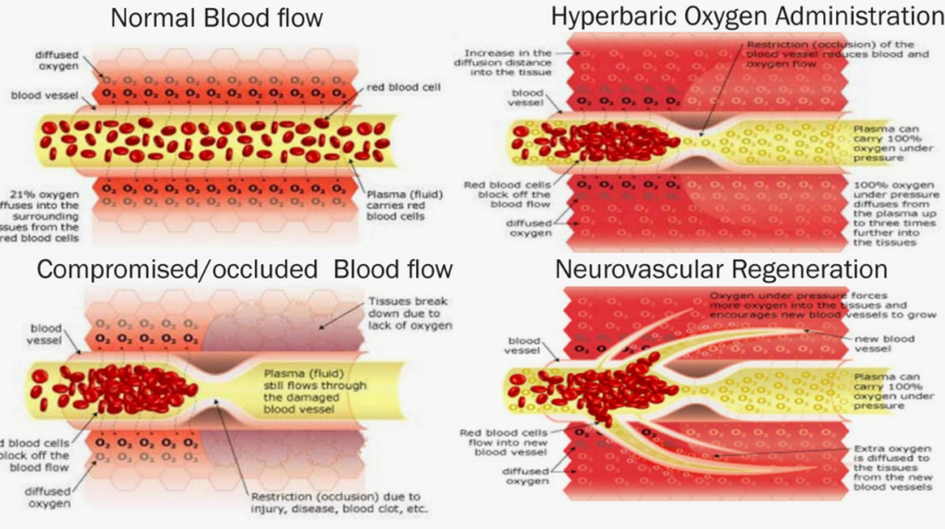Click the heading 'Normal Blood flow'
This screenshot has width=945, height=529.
216,19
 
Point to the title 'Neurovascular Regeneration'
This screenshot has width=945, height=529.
707,269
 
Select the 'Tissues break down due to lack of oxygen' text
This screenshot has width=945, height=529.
409,314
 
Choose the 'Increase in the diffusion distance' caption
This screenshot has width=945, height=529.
508,62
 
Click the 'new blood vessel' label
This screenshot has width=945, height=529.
886,342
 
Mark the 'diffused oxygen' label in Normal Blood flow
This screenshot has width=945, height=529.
57,60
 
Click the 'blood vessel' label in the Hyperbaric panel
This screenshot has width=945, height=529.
527,97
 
